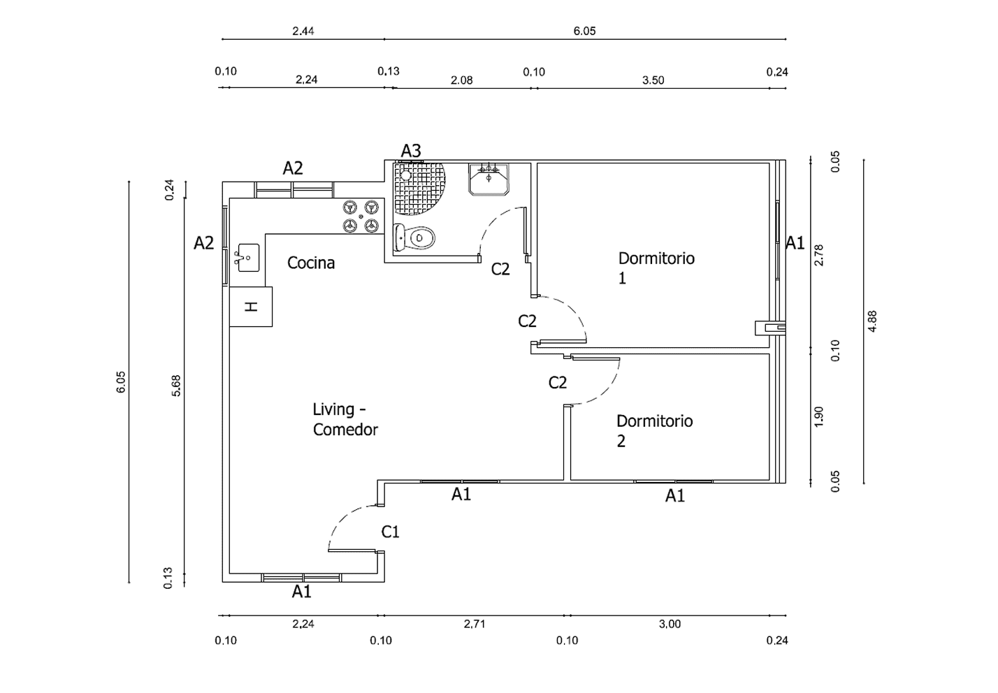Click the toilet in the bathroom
(415, 238)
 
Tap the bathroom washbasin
(489, 179)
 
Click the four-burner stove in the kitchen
(361, 217)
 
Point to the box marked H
(251, 307)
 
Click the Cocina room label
(311, 263)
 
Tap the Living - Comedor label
(345, 419)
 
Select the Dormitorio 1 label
(656, 268)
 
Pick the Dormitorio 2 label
(654, 430)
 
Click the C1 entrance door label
(390, 532)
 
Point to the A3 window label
(411, 150)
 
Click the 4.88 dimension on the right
(872, 321)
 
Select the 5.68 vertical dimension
(176, 386)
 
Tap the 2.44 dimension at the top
(303, 31)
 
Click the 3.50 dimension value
(653, 80)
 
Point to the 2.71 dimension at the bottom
(474, 624)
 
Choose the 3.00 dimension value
(670, 624)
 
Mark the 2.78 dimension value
(819, 254)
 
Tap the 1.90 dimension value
(819, 416)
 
